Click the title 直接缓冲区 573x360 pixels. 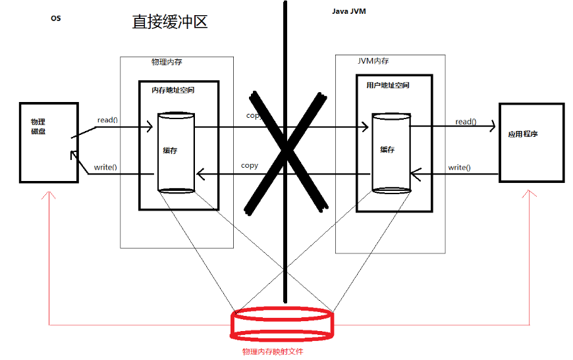click(170, 22)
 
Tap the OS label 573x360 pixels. click(55, 18)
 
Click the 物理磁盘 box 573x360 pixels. click(49, 142)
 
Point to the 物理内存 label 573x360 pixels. click(167, 62)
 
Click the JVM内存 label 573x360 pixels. click(373, 61)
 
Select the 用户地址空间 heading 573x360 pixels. click(387, 86)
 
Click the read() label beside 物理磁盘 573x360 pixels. click(107, 120)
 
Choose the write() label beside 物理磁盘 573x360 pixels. click(105, 167)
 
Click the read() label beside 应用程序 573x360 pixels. click(466, 122)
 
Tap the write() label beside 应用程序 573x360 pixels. click(459, 168)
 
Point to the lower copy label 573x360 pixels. click(249, 165)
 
